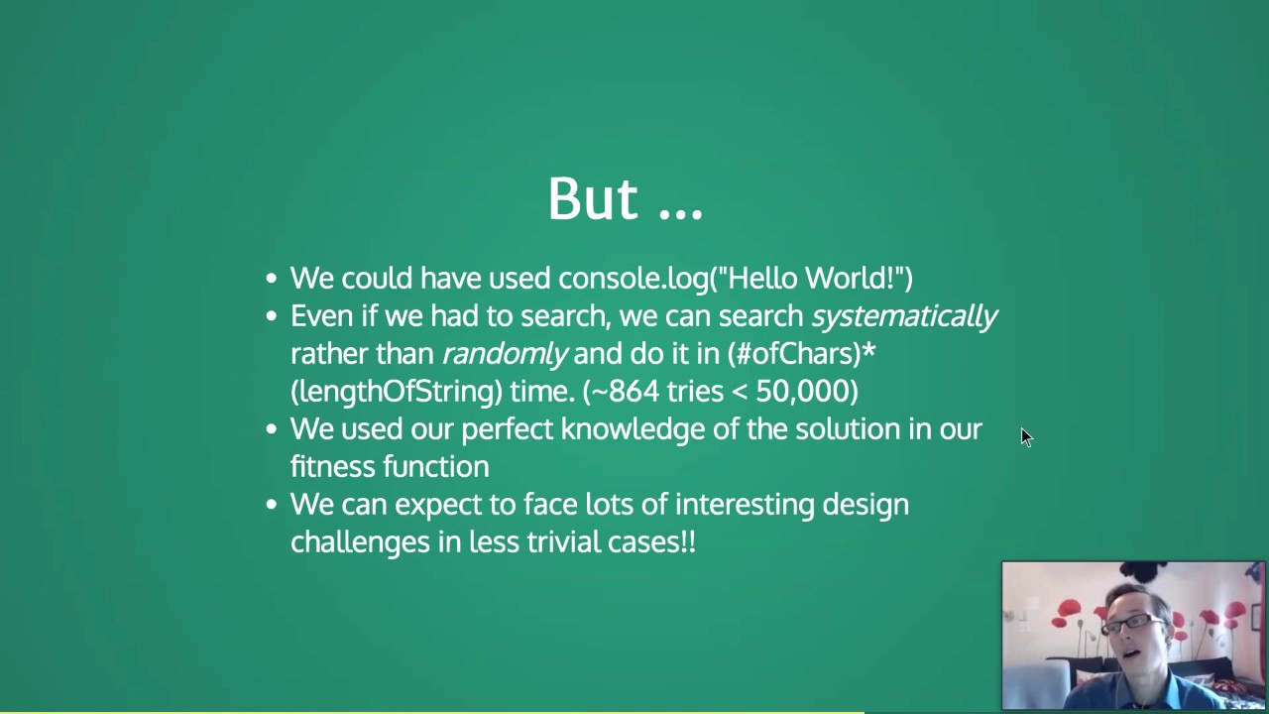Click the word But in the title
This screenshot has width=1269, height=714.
click(592, 198)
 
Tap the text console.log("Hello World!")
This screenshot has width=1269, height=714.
click(735, 278)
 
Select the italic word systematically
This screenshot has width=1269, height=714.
click(904, 316)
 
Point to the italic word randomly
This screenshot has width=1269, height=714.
click(505, 354)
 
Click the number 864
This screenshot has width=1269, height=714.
click(634, 392)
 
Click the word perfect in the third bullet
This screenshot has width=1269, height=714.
click(507, 429)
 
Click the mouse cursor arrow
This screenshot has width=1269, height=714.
click(1025, 436)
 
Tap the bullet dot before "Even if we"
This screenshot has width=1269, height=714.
click(272, 317)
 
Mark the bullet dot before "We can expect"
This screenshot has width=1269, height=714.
click(272, 506)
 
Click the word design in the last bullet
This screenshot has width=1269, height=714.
click(865, 505)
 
